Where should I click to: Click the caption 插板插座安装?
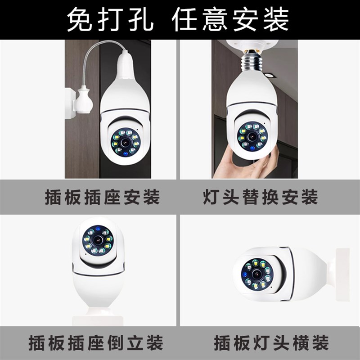pos(102,198)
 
